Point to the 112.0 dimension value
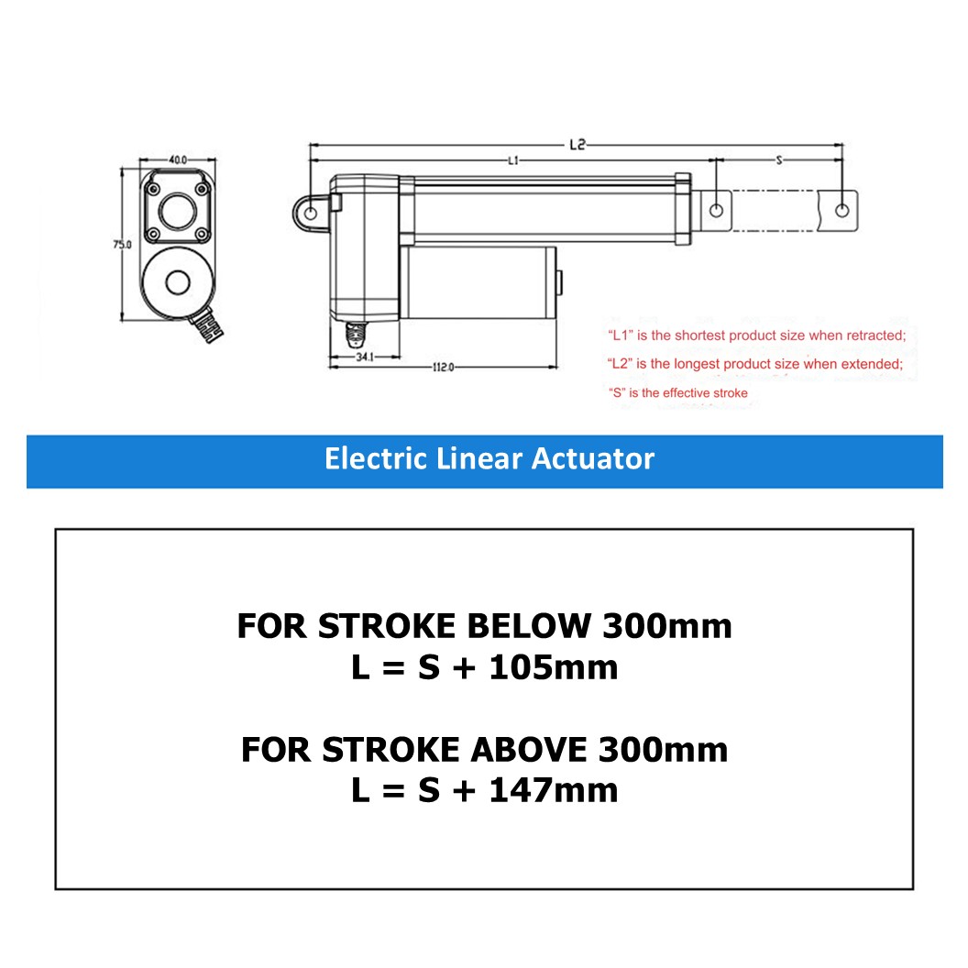pos(443,367)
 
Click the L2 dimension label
pos(577,144)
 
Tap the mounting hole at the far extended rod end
pos(841,210)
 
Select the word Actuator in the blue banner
pos(597,458)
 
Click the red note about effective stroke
pos(678,393)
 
